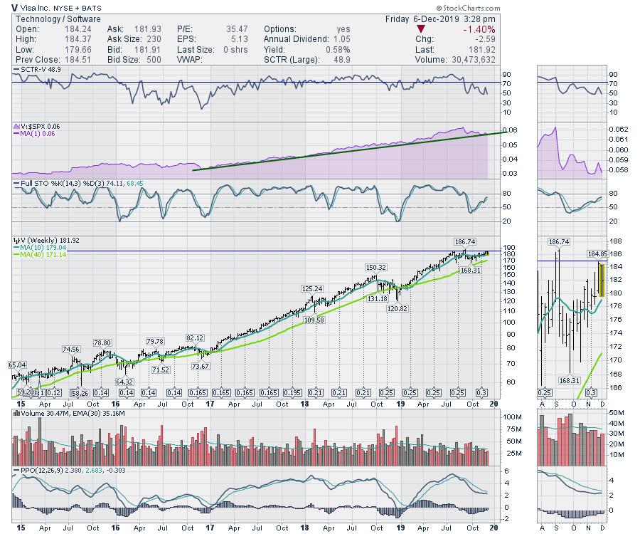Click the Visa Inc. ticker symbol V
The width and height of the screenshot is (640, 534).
click(x=6, y=6)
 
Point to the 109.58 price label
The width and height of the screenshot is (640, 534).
click(x=319, y=320)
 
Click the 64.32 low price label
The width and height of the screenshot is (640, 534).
click(x=126, y=382)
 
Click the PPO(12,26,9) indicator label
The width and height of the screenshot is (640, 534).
click(x=36, y=471)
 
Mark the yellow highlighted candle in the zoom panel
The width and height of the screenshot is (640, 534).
click(x=602, y=280)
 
